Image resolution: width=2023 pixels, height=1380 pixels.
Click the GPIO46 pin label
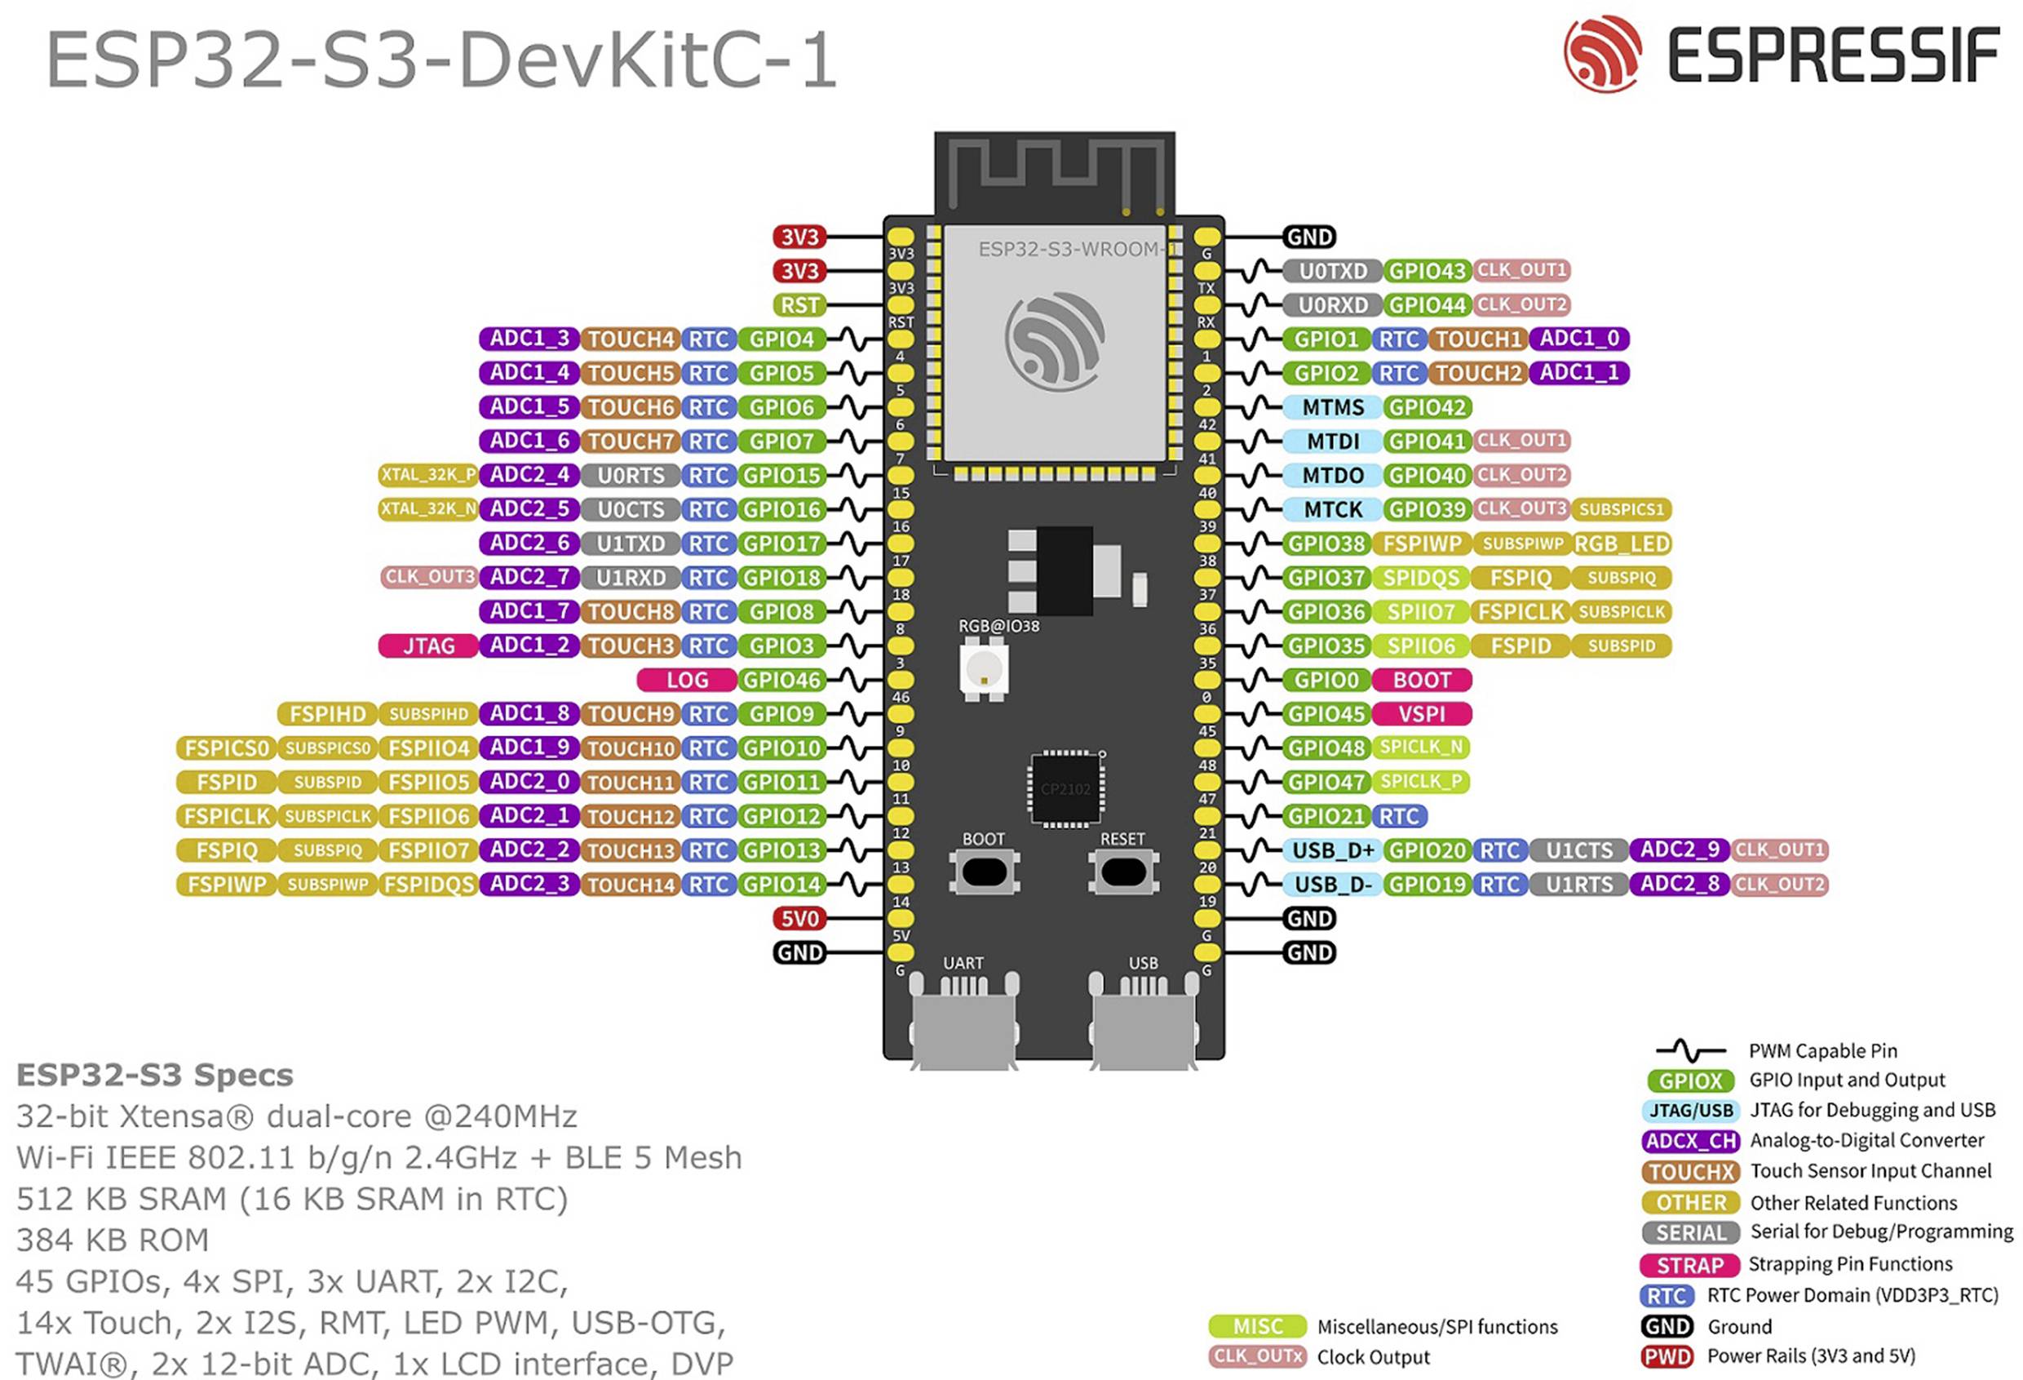781,680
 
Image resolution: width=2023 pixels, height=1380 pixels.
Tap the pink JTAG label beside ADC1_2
428,646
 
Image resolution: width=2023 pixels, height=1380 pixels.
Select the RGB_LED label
1621,544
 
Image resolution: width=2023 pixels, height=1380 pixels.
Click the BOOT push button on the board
985,872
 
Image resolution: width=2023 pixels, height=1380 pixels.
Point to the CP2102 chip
1065,789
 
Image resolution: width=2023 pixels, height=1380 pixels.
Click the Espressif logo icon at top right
1602,54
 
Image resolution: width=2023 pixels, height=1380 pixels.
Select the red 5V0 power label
799,919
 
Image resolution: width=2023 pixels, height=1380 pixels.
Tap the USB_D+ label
1332,850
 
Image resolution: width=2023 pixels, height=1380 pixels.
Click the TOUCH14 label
631,885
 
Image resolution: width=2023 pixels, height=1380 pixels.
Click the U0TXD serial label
1332,271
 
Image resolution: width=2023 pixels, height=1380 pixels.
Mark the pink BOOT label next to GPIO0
1422,680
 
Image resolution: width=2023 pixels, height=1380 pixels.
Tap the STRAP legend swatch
1689,1265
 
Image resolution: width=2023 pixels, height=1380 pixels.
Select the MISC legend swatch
1257,1326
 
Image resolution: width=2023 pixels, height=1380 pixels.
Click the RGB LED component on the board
984,668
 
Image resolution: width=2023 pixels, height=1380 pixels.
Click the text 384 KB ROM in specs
113,1240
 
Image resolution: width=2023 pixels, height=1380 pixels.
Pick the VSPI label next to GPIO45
1422,714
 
